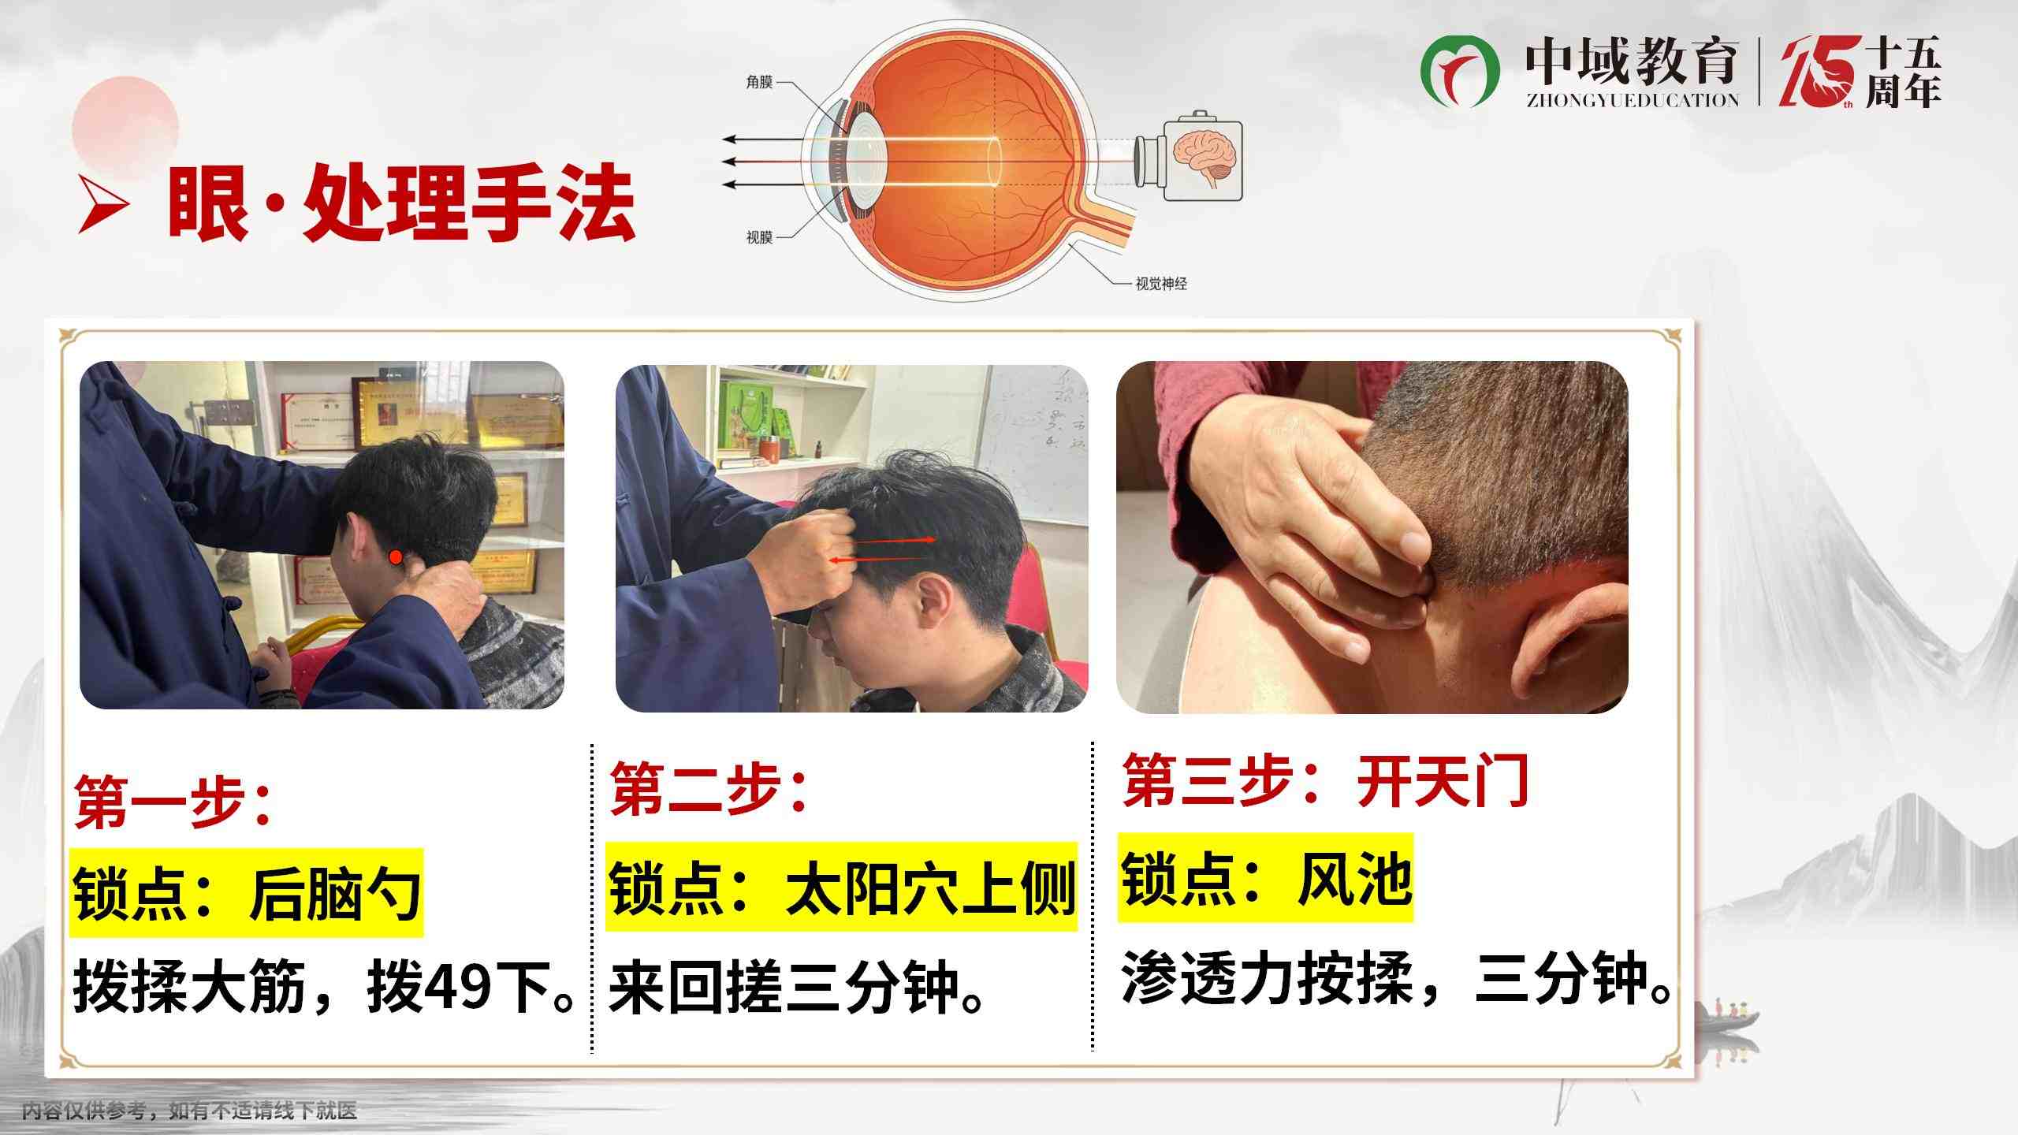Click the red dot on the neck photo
pos(396,557)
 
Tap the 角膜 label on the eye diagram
pos(759,82)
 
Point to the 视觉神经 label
pos(1161,284)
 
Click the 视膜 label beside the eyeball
pos(759,237)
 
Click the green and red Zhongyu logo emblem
pos(1460,72)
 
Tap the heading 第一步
pos(173,801)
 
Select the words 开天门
pos(1442,781)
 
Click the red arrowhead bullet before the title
pos(103,206)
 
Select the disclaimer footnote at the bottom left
pos(189,1111)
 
